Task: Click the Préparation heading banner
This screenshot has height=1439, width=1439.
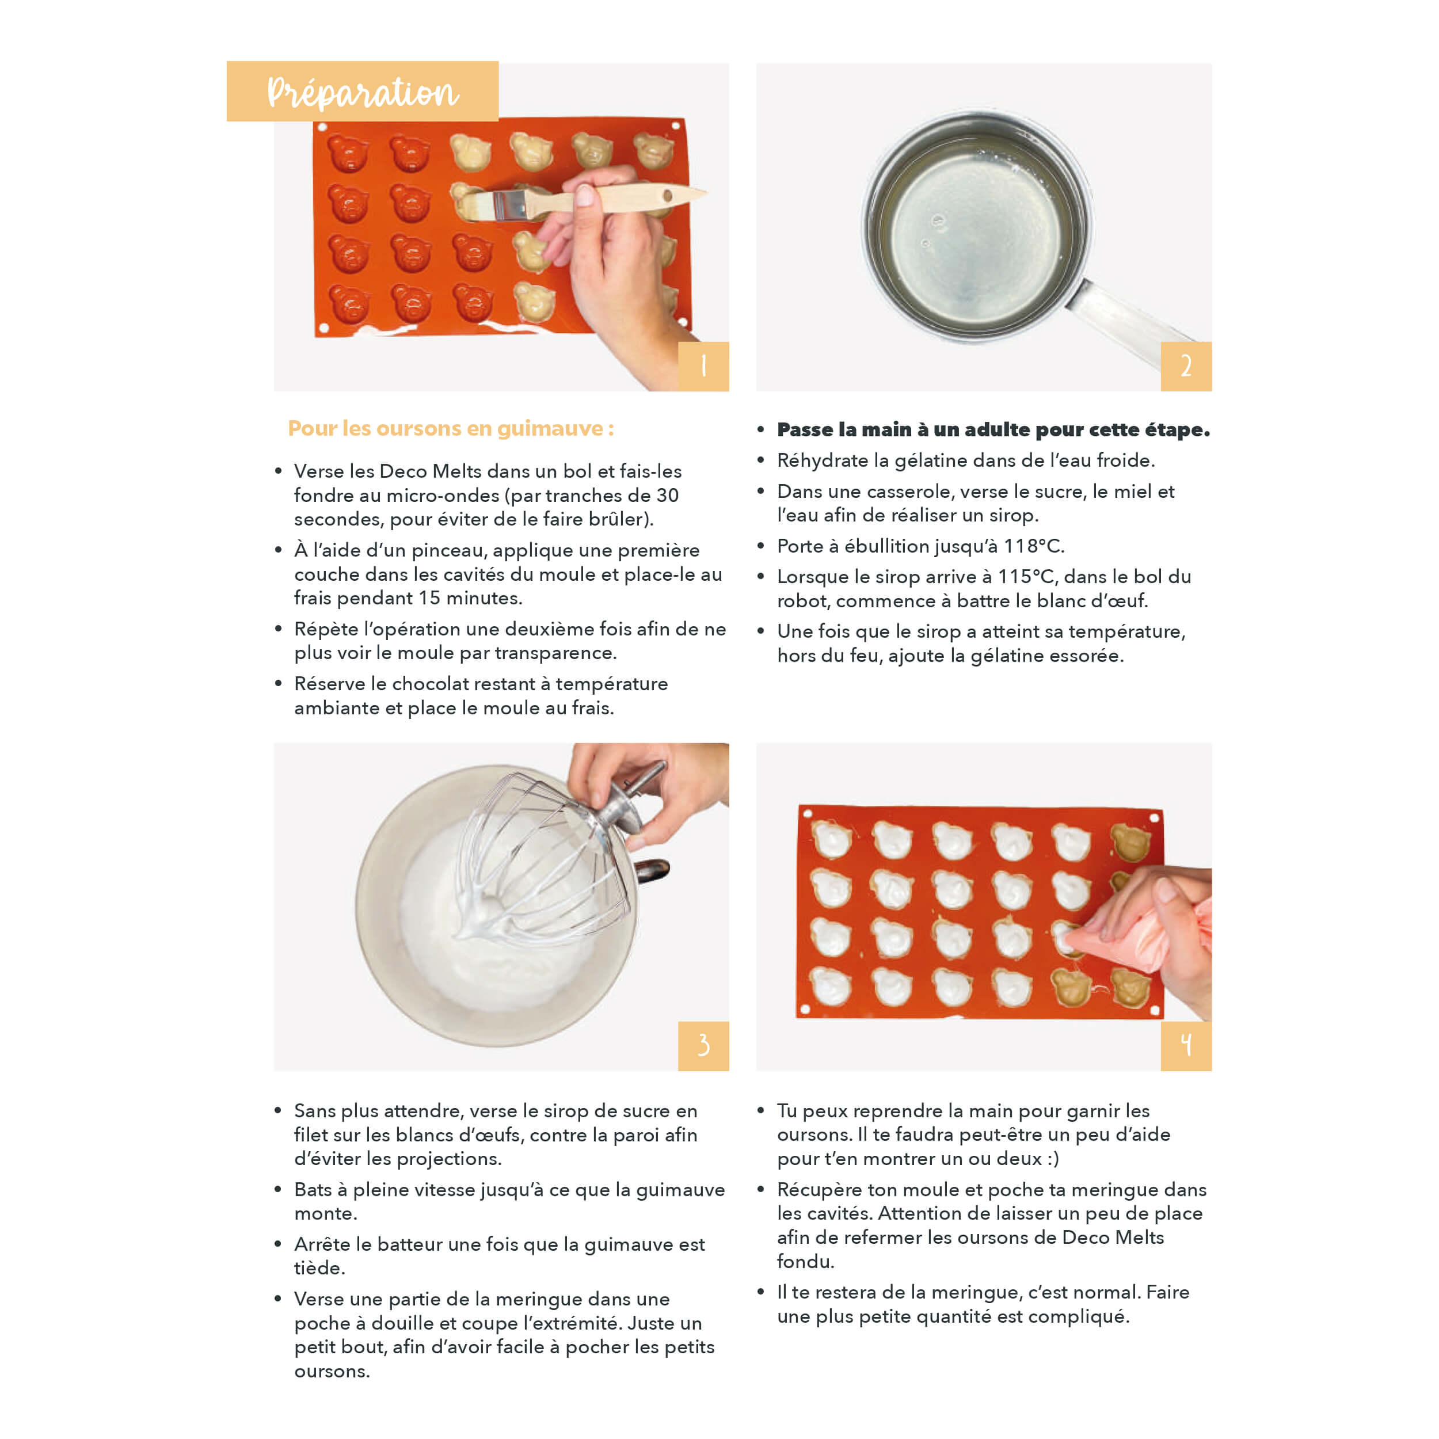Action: [x=362, y=91]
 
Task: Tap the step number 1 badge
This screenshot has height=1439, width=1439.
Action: [x=703, y=367]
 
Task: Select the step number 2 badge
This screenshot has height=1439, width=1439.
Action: [x=1186, y=367]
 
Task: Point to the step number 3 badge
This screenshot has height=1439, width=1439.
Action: [x=703, y=1046]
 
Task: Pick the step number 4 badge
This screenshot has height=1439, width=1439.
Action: [x=1186, y=1046]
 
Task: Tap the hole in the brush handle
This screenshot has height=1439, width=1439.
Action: [x=667, y=196]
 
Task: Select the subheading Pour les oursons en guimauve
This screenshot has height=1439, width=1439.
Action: [x=451, y=428]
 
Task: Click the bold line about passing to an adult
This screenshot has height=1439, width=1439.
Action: [x=993, y=430]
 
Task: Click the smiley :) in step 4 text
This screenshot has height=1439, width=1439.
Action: [x=1052, y=1159]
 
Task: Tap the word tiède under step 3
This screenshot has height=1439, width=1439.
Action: [x=319, y=1267]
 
